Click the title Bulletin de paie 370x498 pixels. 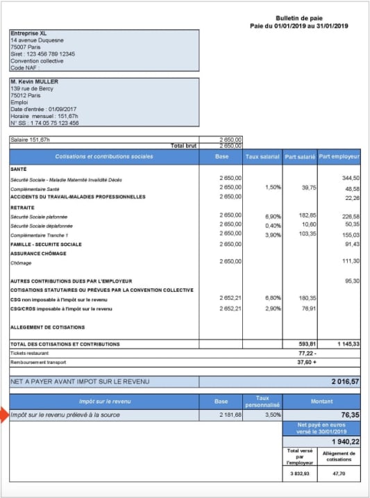point(298,18)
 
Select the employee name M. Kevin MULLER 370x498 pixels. point(35,82)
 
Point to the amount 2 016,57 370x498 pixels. point(344,382)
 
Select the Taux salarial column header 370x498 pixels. point(262,156)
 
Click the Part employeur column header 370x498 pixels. point(339,156)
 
